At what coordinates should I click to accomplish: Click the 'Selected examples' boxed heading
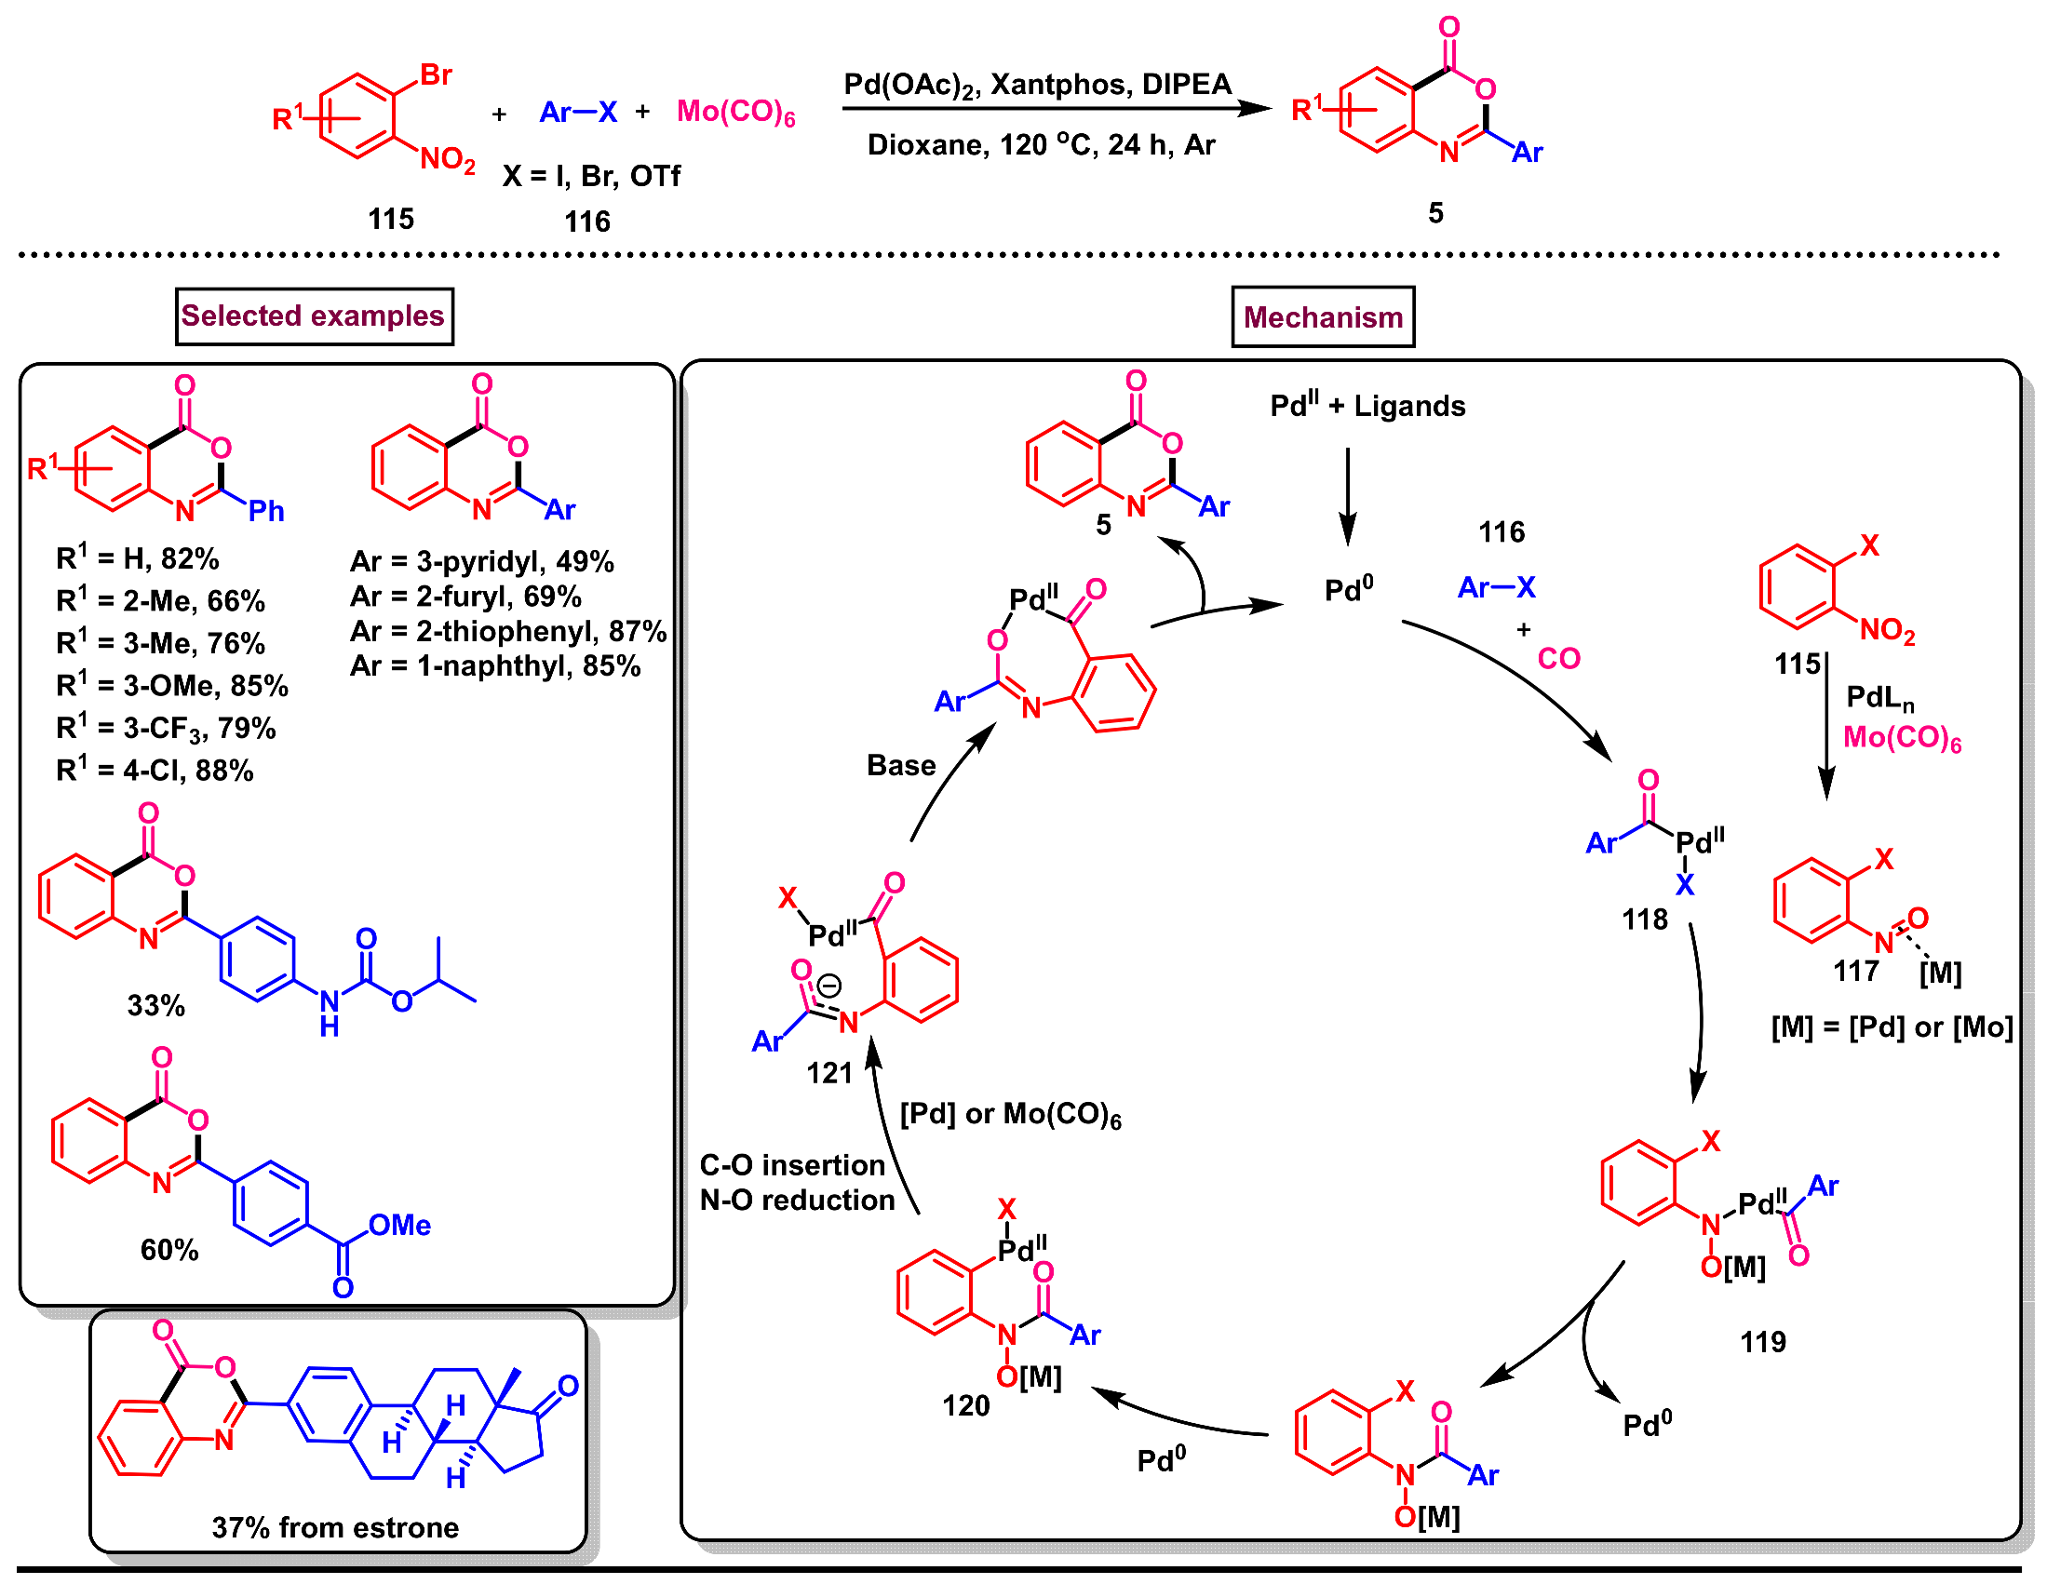314,316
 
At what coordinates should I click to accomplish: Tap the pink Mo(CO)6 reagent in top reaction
735,113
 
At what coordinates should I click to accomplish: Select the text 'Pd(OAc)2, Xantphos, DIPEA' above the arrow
1037,86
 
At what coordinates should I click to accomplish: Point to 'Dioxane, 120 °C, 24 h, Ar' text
1041,145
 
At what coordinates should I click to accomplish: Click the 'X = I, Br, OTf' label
590,176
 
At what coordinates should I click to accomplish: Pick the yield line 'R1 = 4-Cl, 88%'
155,771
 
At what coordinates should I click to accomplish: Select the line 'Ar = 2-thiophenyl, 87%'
507,632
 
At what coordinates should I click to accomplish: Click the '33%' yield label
155,1006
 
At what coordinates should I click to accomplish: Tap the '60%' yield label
169,1250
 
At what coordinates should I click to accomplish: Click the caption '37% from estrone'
334,1528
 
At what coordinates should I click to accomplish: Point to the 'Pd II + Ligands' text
1367,406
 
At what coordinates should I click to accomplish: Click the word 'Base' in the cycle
901,766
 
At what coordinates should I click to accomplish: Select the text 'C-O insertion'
792,1165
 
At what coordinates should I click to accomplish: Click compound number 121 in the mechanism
829,1073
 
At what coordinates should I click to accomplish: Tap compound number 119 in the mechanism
1762,1342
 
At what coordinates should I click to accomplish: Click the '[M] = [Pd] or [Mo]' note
1891,1027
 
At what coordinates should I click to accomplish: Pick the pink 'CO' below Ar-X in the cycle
1557,659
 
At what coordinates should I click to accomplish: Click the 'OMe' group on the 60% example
399,1226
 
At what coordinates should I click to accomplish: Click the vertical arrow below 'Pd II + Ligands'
1347,497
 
